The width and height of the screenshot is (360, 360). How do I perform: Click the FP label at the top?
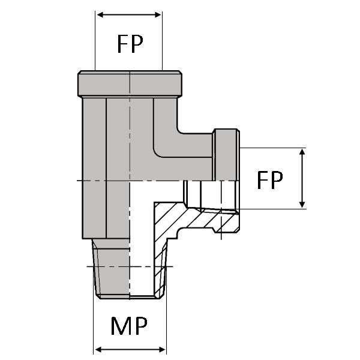pos(130,44)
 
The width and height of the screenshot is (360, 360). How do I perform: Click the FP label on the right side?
pos(270,180)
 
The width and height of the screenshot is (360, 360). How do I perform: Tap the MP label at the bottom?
pos(129,326)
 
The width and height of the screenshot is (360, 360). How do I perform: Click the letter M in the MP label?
pos(121,326)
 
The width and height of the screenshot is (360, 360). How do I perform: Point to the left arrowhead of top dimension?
pos(101,15)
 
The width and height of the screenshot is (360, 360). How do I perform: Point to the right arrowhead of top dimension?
pos(158,15)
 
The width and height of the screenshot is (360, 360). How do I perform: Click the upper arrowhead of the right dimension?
pos(302,152)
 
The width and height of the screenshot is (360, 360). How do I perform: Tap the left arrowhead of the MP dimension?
pos(98,350)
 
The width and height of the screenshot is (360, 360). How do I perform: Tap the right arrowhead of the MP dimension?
pos(162,350)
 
